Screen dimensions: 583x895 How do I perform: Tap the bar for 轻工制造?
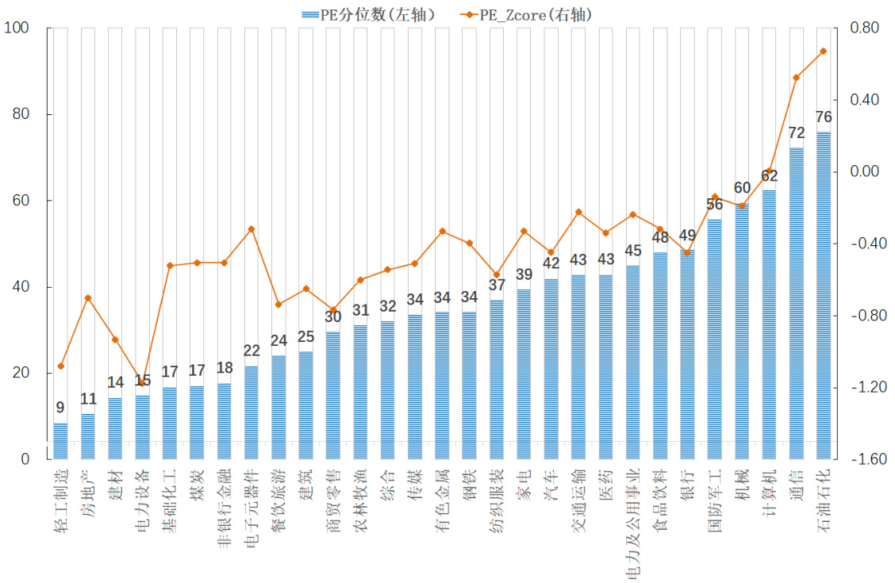[x=60, y=440]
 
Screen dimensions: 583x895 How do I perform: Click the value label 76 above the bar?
[x=823, y=117]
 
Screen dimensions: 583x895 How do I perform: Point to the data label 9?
[x=60, y=408]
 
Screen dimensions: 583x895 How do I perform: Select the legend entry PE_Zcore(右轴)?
[x=526, y=14]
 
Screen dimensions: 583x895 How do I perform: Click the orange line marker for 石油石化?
[x=823, y=51]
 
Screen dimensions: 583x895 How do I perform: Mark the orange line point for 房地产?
[x=88, y=298]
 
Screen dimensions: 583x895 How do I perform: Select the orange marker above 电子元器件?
[x=251, y=229]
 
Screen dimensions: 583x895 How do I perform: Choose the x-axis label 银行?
[x=687, y=483]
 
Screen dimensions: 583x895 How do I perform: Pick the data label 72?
[x=796, y=132]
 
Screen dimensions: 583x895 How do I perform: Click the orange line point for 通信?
[x=796, y=78]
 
